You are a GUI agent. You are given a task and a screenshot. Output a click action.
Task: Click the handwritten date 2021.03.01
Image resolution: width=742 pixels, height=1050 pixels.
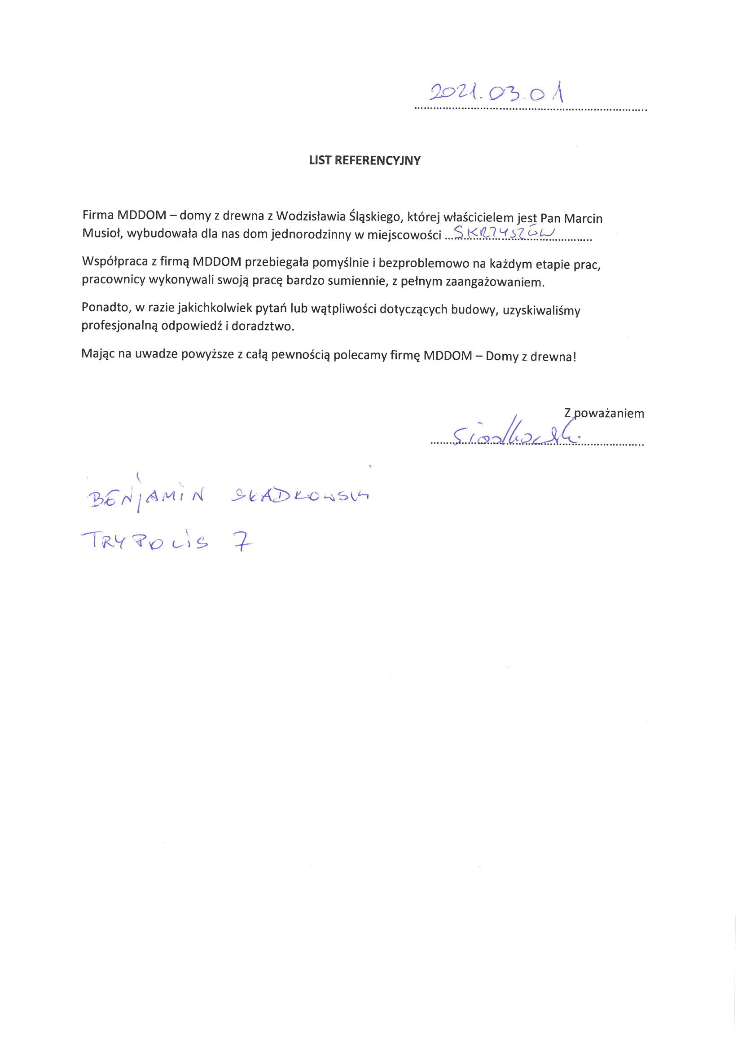[x=496, y=93]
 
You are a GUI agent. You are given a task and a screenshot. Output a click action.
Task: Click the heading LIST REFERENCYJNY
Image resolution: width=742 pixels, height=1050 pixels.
[x=364, y=160]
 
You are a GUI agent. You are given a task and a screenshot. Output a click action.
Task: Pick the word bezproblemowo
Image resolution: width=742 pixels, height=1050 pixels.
[x=423, y=264]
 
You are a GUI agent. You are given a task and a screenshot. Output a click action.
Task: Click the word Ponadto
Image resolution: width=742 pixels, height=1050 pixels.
[x=103, y=308]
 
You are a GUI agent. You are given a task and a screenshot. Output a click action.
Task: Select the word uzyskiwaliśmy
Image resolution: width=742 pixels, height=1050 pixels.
[x=541, y=310]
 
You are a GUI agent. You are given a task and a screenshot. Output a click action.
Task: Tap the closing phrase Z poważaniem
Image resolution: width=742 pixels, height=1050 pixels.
[x=604, y=414]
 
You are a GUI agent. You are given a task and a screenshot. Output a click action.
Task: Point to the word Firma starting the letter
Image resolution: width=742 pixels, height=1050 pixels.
[x=98, y=215]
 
